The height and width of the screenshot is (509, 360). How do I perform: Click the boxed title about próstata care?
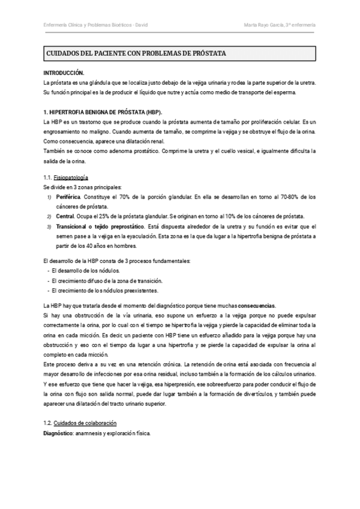tap(136, 54)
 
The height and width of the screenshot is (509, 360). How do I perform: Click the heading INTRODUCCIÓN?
tap(64, 72)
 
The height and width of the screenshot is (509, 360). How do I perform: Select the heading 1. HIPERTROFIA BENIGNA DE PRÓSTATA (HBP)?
tap(103, 112)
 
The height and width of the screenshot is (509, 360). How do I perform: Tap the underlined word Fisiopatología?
tap(71, 178)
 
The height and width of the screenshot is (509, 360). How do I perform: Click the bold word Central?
tap(65, 215)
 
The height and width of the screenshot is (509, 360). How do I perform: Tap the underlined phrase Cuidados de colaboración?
tap(85, 423)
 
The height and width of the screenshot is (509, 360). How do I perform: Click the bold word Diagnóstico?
tap(59, 433)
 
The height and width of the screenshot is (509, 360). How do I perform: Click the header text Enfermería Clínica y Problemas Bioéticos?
tap(91, 25)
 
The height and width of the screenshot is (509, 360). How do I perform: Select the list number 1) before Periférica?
tap(49, 197)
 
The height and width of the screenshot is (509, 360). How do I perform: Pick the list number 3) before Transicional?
tap(49, 226)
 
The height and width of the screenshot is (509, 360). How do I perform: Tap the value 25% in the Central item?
tap(97, 215)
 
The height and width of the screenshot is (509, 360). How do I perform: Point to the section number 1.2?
tap(48, 423)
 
